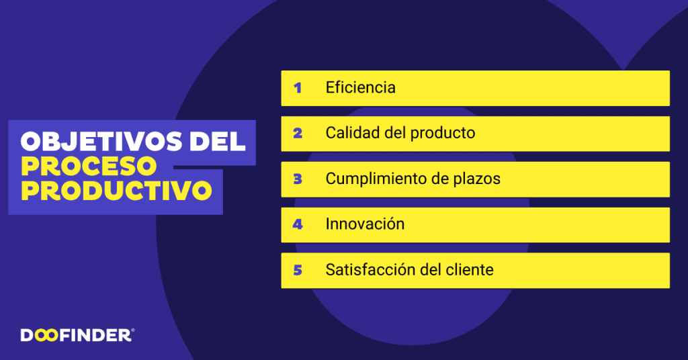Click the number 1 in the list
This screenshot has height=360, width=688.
(x=298, y=88)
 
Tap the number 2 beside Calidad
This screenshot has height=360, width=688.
(x=298, y=133)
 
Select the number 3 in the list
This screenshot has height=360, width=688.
(x=298, y=179)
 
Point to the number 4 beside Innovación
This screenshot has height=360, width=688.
(x=298, y=224)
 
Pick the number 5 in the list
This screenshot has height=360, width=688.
(x=298, y=270)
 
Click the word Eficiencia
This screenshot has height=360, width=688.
(x=360, y=87)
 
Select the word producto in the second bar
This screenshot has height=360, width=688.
(x=443, y=134)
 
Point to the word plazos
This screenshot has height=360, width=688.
(x=476, y=179)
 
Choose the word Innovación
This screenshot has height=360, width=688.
(x=365, y=224)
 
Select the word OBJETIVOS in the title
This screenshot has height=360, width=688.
(x=101, y=141)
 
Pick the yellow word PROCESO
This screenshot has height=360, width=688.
(x=89, y=166)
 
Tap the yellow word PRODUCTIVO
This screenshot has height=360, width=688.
(x=116, y=191)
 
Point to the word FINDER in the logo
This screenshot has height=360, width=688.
(x=95, y=336)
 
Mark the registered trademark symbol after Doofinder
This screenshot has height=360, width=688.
(x=132, y=330)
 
